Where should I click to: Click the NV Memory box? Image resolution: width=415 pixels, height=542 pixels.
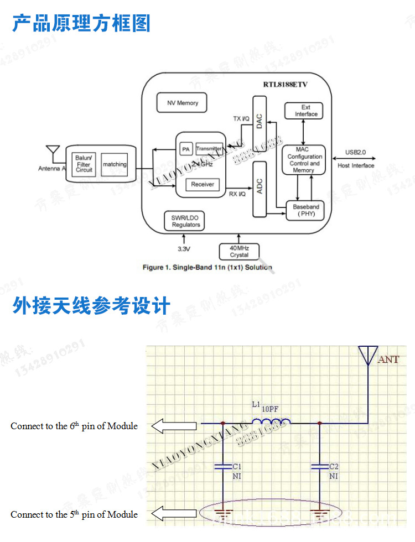[x=183, y=103]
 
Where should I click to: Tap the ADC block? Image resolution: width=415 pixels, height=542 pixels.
[x=260, y=188]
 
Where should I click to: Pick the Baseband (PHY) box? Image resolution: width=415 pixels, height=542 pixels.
[x=306, y=210]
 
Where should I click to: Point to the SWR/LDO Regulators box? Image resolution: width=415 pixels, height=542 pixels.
[x=185, y=221]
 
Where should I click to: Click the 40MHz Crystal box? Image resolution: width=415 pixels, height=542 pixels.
[x=239, y=252]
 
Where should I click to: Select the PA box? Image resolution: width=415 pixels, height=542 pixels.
[x=186, y=149]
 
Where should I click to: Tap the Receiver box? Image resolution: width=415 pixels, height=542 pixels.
[x=202, y=184]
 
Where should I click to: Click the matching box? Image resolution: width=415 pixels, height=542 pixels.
[x=115, y=165]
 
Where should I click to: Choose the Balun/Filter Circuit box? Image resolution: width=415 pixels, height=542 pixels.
[x=84, y=164]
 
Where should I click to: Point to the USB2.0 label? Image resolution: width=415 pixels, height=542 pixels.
[x=356, y=152]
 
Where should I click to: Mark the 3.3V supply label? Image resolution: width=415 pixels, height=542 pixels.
[x=183, y=249]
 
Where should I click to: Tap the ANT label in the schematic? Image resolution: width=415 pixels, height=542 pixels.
[x=388, y=359]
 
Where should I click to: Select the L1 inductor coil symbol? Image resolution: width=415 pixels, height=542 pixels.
[x=271, y=423]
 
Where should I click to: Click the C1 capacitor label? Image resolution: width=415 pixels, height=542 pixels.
[x=237, y=466]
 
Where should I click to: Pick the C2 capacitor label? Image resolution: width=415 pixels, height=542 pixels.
[x=334, y=466]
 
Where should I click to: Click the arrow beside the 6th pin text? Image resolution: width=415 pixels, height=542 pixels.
[x=174, y=426]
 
